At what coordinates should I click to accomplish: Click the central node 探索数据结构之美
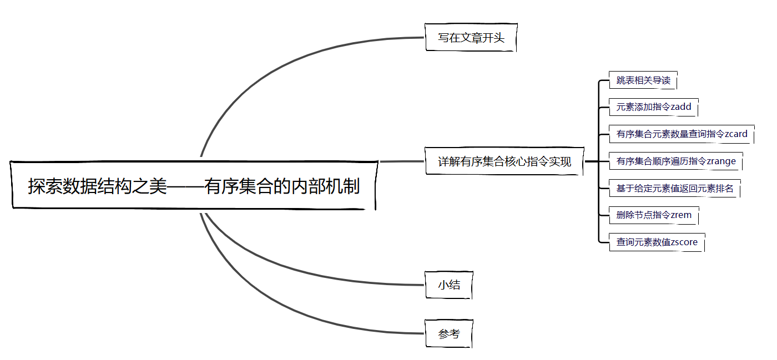193,186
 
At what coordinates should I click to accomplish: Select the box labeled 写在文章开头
471,38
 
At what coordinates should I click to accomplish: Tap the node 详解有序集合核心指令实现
504,161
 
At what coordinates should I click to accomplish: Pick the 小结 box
448,285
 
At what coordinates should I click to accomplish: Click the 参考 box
448,334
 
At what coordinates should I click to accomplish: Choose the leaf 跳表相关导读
643,80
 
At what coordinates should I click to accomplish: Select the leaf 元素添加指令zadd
653,107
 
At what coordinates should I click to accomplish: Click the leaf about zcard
682,134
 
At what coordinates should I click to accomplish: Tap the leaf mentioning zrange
675,161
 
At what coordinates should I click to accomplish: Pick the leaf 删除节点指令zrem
653,215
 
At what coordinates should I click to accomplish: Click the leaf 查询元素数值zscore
657,242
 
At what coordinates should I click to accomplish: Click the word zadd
681,107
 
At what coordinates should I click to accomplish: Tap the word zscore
684,242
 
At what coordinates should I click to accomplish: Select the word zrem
681,215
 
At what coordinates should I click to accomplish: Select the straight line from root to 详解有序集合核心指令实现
402,161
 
